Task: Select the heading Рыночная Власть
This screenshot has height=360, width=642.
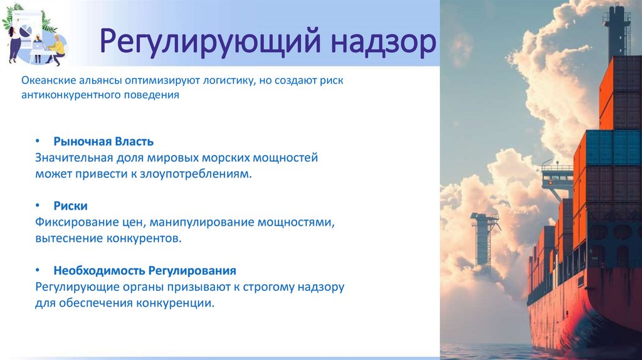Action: [103, 141]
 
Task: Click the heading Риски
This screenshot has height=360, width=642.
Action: [70, 206]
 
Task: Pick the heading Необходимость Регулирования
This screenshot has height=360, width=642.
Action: [145, 271]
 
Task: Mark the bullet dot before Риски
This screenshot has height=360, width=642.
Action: [38, 206]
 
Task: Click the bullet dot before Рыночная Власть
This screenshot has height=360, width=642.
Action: [38, 141]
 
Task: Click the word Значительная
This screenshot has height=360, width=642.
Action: [73, 157]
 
